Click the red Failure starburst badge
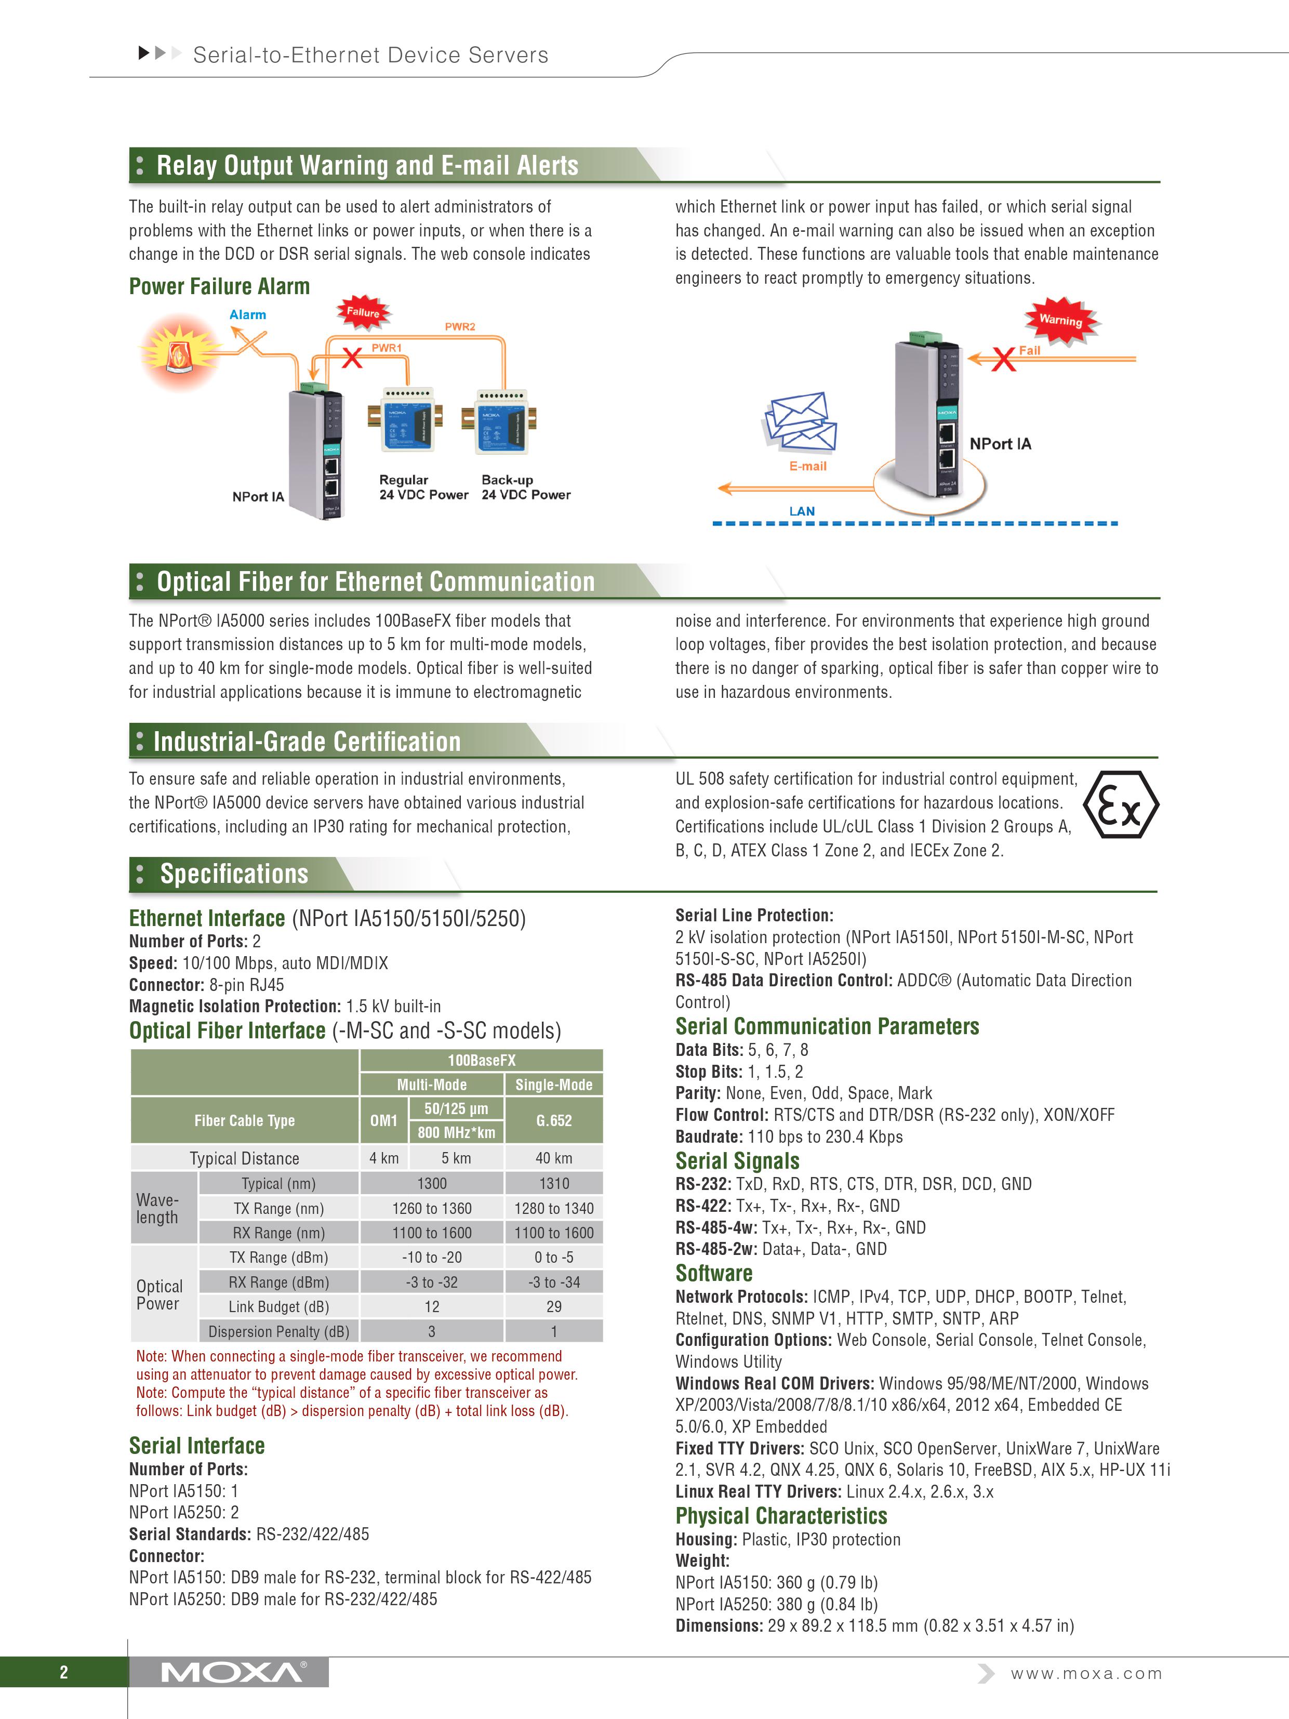[x=363, y=312]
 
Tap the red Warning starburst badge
[x=1060, y=320]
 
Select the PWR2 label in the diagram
[x=459, y=326]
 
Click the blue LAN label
[x=802, y=511]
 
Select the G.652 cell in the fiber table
[x=553, y=1120]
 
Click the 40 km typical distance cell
[x=553, y=1158]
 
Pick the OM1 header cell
[x=384, y=1120]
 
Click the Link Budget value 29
[x=553, y=1306]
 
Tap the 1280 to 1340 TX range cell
[x=553, y=1208]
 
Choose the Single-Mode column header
[x=553, y=1084]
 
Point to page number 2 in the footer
[x=64, y=1672]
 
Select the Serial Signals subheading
[x=737, y=1161]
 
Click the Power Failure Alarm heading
[x=219, y=287]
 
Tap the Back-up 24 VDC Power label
[x=525, y=487]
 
